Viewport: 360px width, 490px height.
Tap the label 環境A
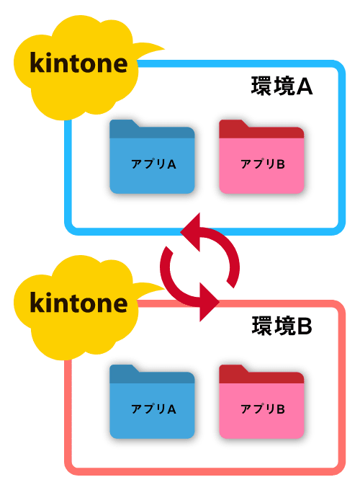[x=282, y=86]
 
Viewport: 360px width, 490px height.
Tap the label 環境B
[x=282, y=326]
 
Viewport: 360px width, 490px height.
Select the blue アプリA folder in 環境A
[x=152, y=156]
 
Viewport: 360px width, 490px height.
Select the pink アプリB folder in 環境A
[x=261, y=156]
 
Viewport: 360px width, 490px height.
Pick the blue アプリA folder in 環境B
[x=152, y=401]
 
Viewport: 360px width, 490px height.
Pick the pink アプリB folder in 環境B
[x=261, y=401]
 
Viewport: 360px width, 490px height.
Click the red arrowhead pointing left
[x=191, y=232]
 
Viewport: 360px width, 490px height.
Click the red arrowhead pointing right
[x=210, y=302]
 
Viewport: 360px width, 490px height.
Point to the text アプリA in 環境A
[x=153, y=164]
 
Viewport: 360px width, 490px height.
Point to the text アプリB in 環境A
[x=263, y=164]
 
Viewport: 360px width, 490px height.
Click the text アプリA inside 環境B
[x=153, y=409]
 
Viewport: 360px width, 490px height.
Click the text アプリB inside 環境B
[x=263, y=409]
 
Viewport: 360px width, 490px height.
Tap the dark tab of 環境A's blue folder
[x=152, y=130]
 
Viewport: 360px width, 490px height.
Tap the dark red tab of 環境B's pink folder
[x=261, y=375]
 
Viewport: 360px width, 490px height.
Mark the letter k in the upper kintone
[x=37, y=63]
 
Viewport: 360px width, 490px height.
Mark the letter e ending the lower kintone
[x=120, y=306]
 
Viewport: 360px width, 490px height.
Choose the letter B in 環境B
[x=305, y=326]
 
